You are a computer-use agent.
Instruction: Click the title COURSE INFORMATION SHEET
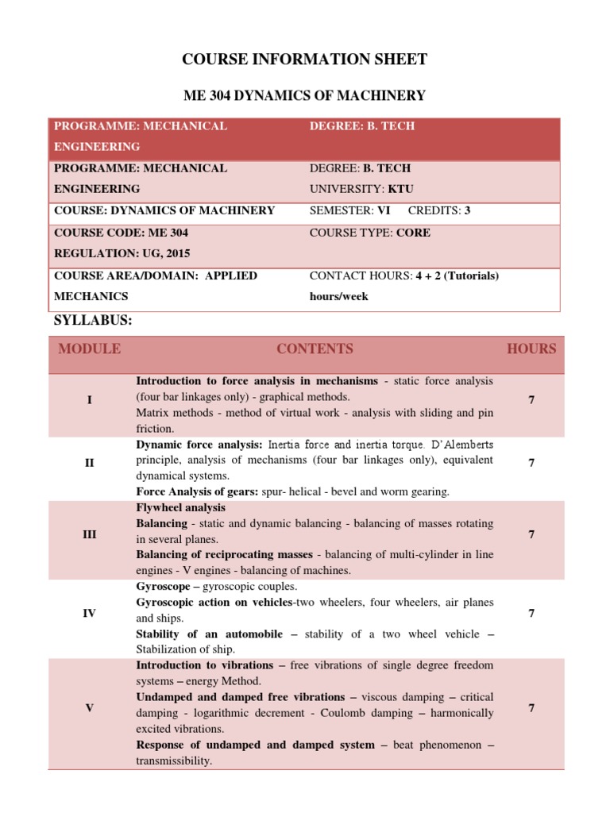pyautogui.click(x=305, y=59)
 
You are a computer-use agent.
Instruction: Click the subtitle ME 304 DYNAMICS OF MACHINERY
pyautogui.click(x=305, y=96)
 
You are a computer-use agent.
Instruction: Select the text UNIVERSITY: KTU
pyautogui.click(x=361, y=189)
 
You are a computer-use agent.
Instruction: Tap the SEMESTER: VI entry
pyautogui.click(x=349, y=210)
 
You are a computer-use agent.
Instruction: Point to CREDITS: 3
pyautogui.click(x=439, y=210)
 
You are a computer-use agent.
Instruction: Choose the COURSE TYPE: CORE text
pyautogui.click(x=370, y=233)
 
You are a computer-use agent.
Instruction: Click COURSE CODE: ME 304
pyautogui.click(x=121, y=233)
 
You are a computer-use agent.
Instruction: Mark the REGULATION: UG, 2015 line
pyautogui.click(x=122, y=253)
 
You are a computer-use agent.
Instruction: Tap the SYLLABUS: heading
pyautogui.click(x=93, y=320)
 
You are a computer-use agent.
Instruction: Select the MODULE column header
pyautogui.click(x=90, y=349)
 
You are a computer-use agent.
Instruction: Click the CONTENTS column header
pyautogui.click(x=315, y=349)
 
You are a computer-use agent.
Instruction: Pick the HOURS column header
pyautogui.click(x=531, y=349)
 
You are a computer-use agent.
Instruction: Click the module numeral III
pyautogui.click(x=90, y=534)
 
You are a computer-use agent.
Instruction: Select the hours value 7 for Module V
pyautogui.click(x=531, y=707)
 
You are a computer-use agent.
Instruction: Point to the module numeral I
pyautogui.click(x=90, y=400)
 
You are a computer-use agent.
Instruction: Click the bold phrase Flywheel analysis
pyautogui.click(x=181, y=507)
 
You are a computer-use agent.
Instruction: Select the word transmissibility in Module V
pyautogui.click(x=173, y=761)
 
